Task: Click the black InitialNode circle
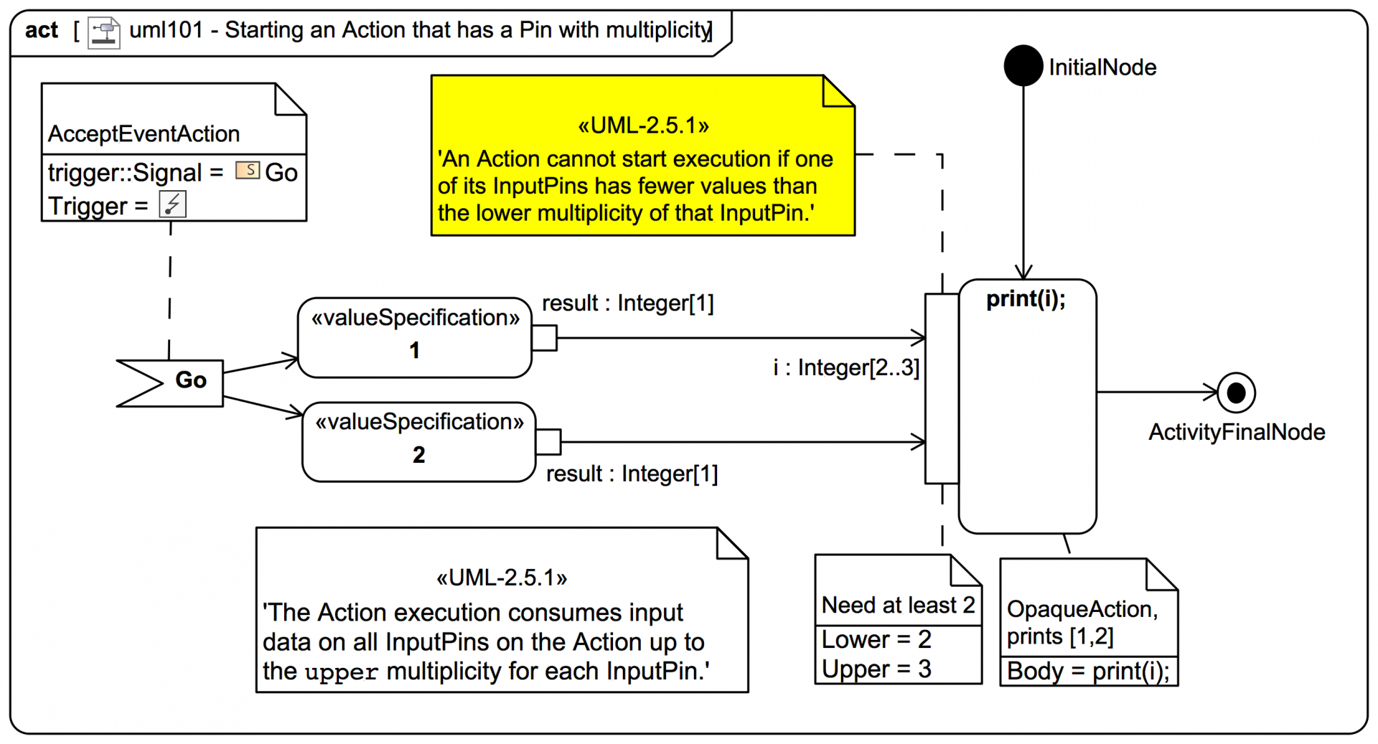(x=1023, y=66)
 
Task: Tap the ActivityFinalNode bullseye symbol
(x=1236, y=392)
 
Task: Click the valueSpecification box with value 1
(x=414, y=337)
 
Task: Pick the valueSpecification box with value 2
(x=418, y=441)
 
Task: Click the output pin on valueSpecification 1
(x=545, y=338)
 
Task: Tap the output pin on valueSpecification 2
(x=548, y=442)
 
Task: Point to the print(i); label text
(x=1026, y=299)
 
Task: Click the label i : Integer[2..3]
(x=845, y=368)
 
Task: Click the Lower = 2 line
(x=876, y=639)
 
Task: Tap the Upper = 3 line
(x=876, y=669)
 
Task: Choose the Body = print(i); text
(x=1088, y=672)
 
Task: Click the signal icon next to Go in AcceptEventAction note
(x=248, y=170)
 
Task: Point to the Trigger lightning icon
(x=172, y=204)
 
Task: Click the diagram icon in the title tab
(x=104, y=32)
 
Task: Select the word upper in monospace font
(x=341, y=672)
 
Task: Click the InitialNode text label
(x=1102, y=67)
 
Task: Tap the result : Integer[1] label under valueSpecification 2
(x=632, y=474)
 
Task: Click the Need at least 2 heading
(x=897, y=606)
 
